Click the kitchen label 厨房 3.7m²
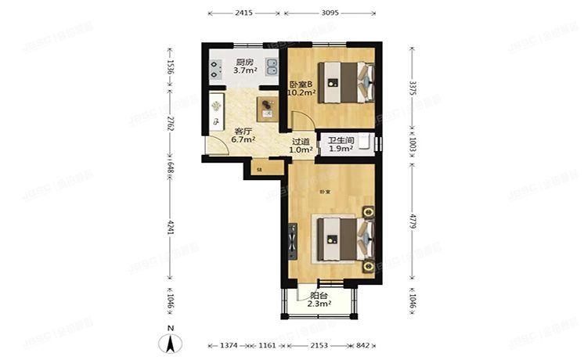coord(244,67)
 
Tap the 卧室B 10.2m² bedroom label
coord(301,88)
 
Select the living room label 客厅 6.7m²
coord(243,135)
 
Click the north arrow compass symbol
coord(169,341)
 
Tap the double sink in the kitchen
coord(271,67)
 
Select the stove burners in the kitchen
coord(215,67)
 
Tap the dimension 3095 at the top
coord(330,13)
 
